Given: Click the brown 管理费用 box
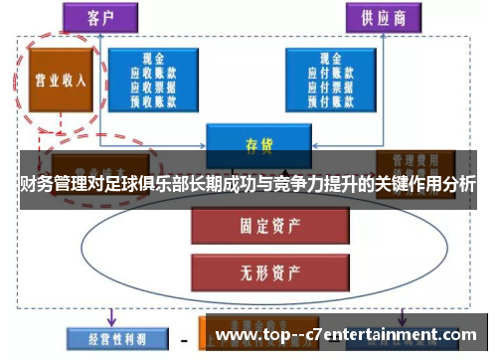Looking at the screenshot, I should pyautogui.click(x=415, y=159).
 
